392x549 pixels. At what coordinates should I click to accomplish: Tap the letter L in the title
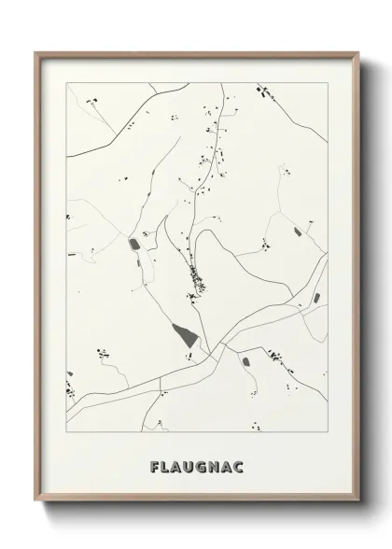tap(164, 466)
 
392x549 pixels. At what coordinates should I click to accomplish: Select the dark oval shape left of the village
tap(133, 245)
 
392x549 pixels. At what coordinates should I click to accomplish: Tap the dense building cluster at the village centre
tap(195, 276)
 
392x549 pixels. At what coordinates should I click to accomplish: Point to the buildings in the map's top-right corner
tap(263, 91)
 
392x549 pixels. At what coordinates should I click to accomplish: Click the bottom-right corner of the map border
tap(328, 432)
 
